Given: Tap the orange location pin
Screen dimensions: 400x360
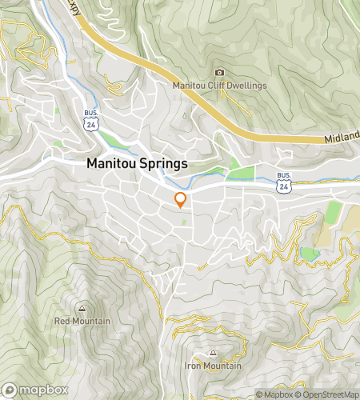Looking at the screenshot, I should [x=181, y=199].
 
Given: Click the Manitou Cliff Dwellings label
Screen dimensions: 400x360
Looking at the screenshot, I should [x=219, y=86].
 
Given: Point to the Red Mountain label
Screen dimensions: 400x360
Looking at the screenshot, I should [x=82, y=321].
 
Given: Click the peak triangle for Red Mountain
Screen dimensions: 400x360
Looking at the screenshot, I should [x=82, y=308].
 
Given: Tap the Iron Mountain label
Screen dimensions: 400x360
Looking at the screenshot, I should [x=213, y=366].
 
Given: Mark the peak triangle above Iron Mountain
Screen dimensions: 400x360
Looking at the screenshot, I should [x=213, y=353].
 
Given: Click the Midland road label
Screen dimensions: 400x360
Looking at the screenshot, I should [x=342, y=140].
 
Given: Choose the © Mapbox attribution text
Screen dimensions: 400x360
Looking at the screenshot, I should [x=274, y=394].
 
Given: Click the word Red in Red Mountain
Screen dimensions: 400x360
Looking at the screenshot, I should [x=62, y=321].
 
